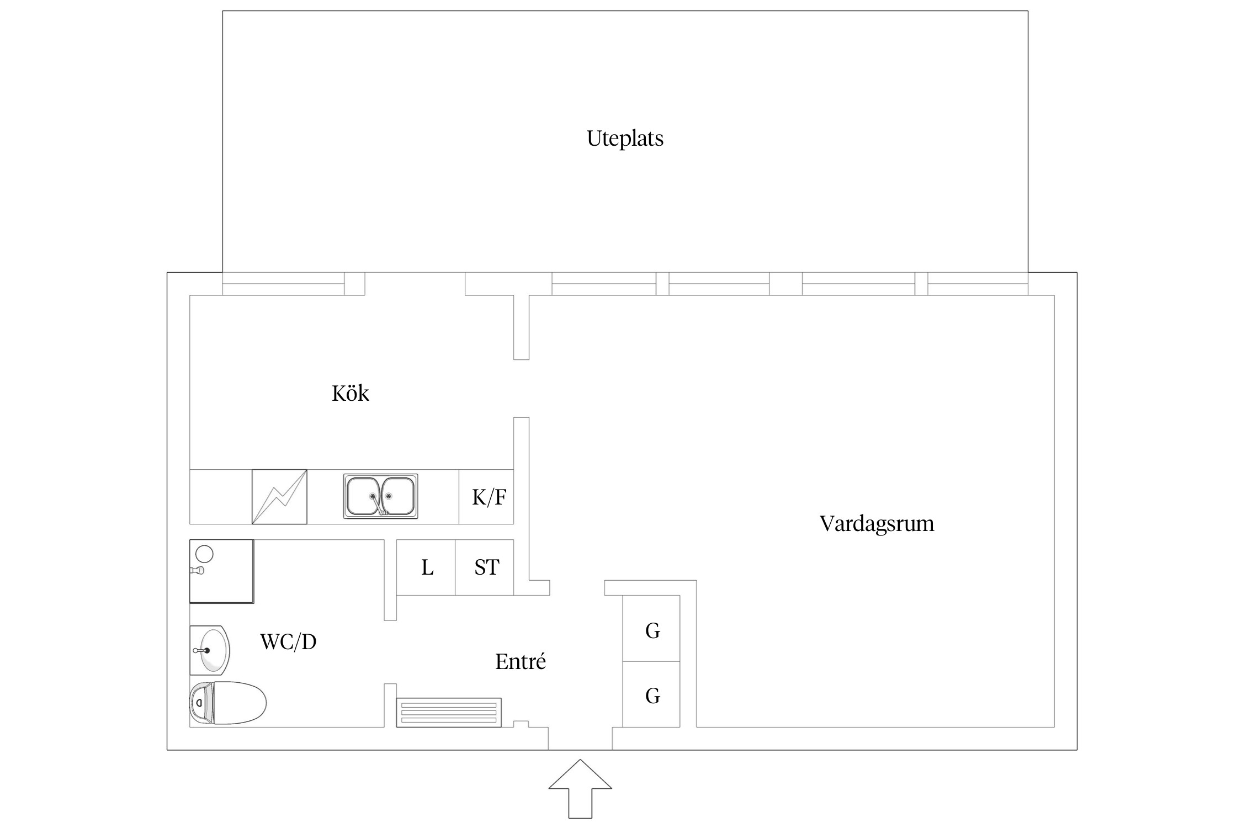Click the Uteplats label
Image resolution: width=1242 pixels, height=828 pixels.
pos(625,139)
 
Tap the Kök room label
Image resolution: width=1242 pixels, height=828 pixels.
pos(350,394)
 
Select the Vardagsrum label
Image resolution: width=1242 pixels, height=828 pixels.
pos(877,523)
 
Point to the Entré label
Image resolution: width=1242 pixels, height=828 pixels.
pos(520,661)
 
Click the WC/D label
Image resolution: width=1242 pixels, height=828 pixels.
pos(288,642)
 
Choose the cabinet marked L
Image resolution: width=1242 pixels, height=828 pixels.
pos(426,567)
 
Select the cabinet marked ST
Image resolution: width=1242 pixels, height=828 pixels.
pos(486,567)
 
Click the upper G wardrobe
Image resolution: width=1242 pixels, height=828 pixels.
pos(652,630)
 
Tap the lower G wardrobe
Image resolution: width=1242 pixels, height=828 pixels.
pos(652,695)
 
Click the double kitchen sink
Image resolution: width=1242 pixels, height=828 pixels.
pos(380,496)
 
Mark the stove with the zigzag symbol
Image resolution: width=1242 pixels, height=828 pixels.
pos(279,497)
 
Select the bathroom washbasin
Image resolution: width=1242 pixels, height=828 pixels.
pos(210,650)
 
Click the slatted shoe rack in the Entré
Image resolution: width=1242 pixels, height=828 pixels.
pos(449,713)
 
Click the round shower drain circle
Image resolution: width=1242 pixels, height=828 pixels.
pos(205,553)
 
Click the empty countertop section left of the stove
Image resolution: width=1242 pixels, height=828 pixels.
pos(221,497)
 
